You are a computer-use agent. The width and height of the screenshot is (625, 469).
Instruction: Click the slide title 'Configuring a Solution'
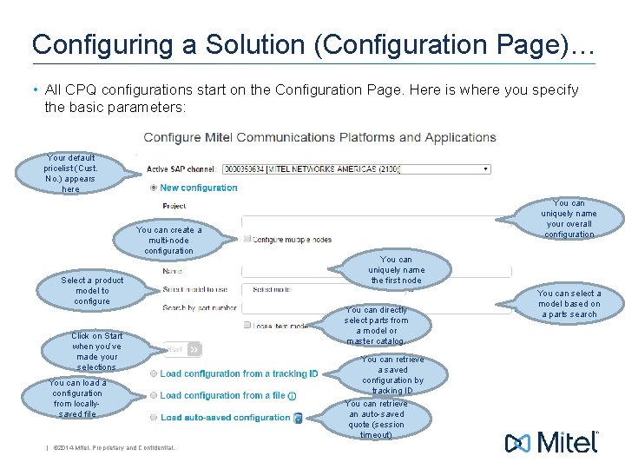(x=312, y=45)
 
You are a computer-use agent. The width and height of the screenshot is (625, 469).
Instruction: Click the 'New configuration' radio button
(x=154, y=188)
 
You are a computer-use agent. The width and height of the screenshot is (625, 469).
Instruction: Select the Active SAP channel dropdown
(x=356, y=168)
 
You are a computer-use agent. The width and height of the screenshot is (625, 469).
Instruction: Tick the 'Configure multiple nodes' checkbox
(x=247, y=239)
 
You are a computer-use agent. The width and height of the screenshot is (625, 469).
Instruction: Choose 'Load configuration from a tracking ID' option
(x=154, y=373)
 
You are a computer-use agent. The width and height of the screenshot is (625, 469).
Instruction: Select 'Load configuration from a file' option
(x=154, y=395)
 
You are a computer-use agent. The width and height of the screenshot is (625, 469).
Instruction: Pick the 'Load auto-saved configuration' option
(x=154, y=417)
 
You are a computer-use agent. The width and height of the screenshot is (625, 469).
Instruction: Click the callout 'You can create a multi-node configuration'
(x=168, y=241)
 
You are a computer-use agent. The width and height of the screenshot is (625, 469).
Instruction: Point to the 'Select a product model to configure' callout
(x=92, y=291)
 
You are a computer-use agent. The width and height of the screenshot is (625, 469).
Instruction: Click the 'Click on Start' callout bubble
(x=96, y=351)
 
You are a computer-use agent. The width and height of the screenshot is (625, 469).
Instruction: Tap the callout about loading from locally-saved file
(x=77, y=398)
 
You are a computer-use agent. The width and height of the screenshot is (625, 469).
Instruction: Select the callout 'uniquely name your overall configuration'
(x=569, y=219)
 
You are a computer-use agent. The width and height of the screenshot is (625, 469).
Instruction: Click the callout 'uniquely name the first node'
(x=396, y=270)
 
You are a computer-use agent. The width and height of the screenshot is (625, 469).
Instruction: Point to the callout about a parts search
(x=569, y=304)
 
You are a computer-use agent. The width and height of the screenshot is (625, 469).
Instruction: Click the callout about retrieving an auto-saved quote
(x=376, y=419)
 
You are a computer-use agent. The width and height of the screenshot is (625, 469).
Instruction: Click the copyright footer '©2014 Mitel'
(x=113, y=448)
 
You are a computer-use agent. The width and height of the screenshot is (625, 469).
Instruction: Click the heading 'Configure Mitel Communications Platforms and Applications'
(x=319, y=137)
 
